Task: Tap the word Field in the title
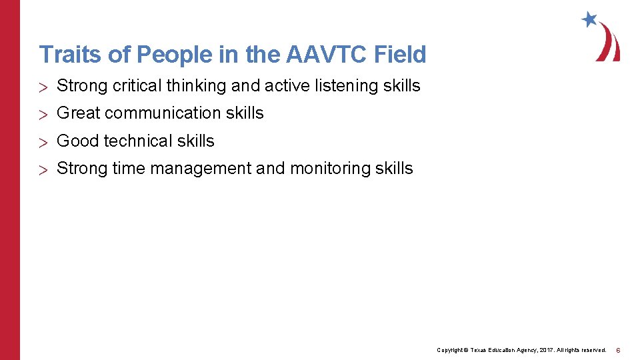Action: [x=401, y=55]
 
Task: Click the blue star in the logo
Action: [x=589, y=19]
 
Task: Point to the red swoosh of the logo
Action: [x=609, y=43]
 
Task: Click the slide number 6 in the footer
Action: [x=618, y=350]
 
